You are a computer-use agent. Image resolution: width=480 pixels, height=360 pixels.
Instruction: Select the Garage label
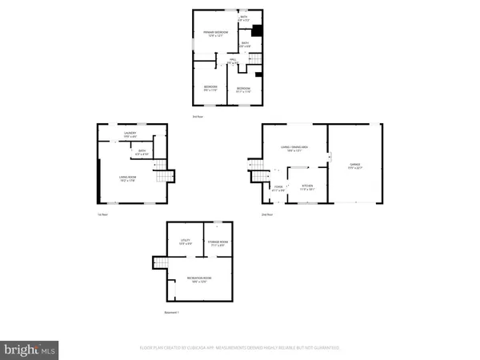tap(354, 167)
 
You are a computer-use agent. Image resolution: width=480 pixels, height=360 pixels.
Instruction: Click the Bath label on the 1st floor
tap(141, 152)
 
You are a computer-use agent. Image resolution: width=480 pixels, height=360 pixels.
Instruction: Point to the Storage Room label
tap(218, 242)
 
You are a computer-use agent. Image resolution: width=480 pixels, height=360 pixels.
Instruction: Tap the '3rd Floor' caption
tap(197, 117)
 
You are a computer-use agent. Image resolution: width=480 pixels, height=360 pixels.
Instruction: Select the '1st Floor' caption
tap(102, 215)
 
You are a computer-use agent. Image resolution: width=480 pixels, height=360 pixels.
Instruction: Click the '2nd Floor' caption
tap(267, 215)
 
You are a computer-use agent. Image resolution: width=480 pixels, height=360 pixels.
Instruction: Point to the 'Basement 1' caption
tap(171, 312)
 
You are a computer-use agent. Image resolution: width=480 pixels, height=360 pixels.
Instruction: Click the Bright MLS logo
tap(30, 349)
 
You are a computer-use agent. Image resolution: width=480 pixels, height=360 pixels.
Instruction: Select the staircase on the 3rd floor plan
tap(222, 65)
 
